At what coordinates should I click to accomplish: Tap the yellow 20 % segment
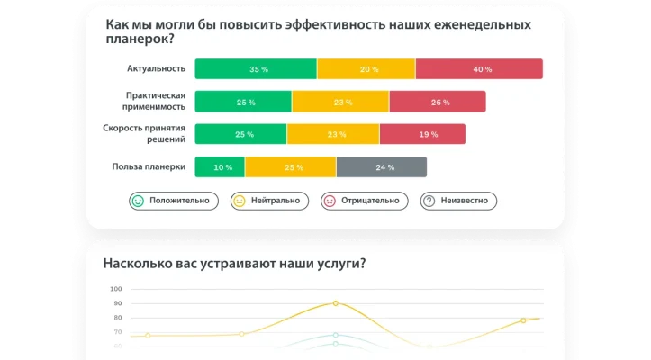point(366,69)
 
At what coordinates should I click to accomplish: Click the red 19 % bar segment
point(422,134)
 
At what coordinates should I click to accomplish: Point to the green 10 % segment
point(221,166)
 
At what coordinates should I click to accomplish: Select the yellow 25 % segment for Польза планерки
point(291,166)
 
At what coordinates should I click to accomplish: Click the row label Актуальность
point(156,69)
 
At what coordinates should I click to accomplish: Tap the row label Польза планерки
point(149,166)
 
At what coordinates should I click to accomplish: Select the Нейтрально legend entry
point(270,201)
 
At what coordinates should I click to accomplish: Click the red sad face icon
point(330,201)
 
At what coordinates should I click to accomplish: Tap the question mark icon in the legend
point(429,201)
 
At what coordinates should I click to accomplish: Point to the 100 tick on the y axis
point(115,289)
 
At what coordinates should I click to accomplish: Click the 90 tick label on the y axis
point(116,303)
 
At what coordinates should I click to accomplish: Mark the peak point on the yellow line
point(335,303)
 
